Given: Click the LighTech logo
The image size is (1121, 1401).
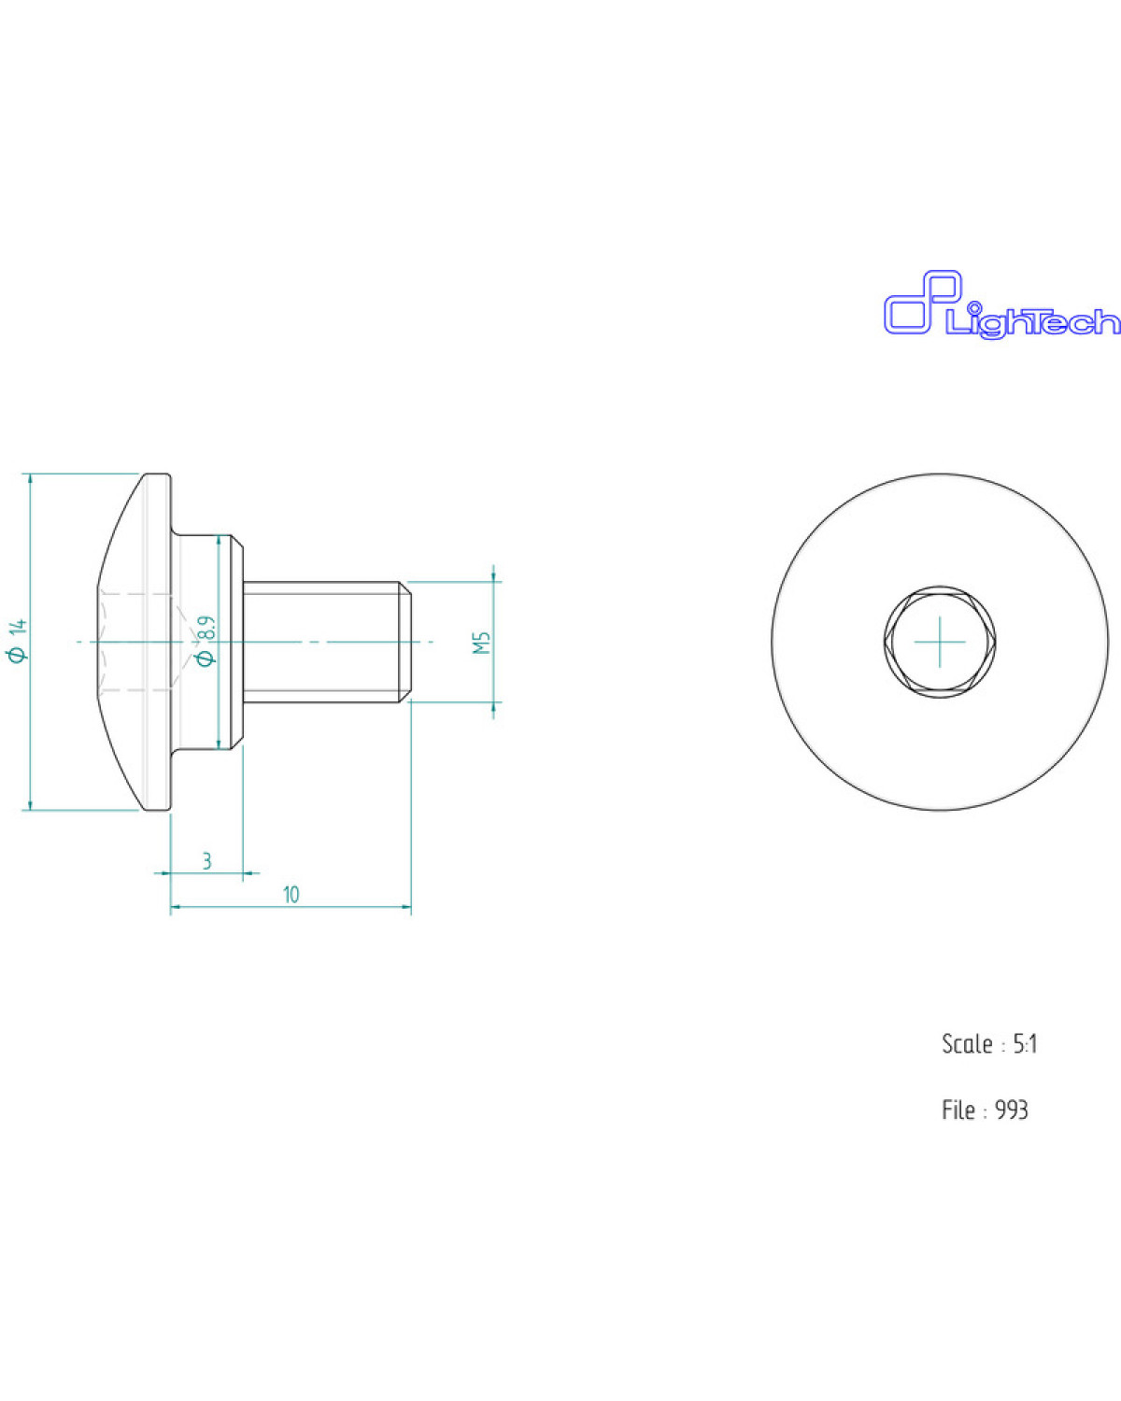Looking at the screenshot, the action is (x=1001, y=304).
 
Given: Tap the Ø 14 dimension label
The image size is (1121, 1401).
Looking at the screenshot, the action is (x=20, y=642).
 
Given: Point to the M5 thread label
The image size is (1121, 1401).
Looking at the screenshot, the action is (x=482, y=642).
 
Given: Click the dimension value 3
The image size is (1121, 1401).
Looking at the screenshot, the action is (x=207, y=861).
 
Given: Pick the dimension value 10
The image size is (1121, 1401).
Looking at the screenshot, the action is (x=291, y=895).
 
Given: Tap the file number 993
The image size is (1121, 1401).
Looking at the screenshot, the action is (x=1012, y=1110).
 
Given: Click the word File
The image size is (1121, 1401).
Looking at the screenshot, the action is (x=958, y=1110).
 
